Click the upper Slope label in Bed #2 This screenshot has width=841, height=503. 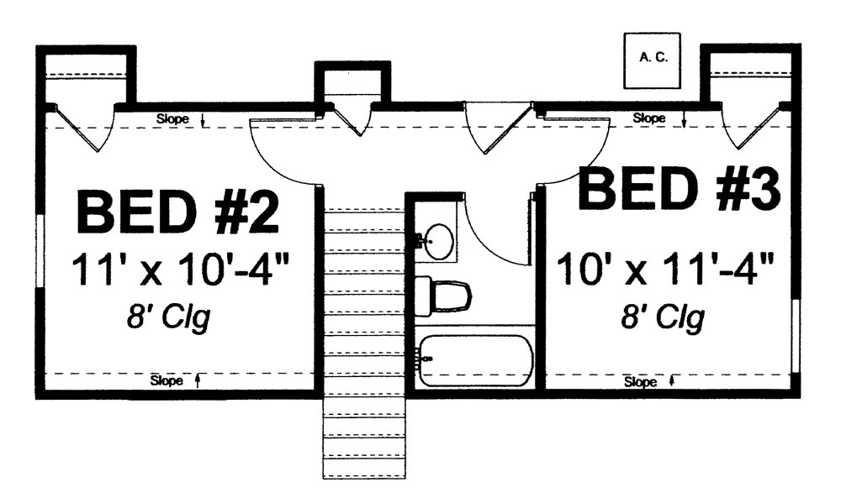[173, 119]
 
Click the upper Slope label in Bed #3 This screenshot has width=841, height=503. [648, 118]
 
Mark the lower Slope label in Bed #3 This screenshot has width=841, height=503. [641, 382]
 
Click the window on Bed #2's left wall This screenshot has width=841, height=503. [39, 252]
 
